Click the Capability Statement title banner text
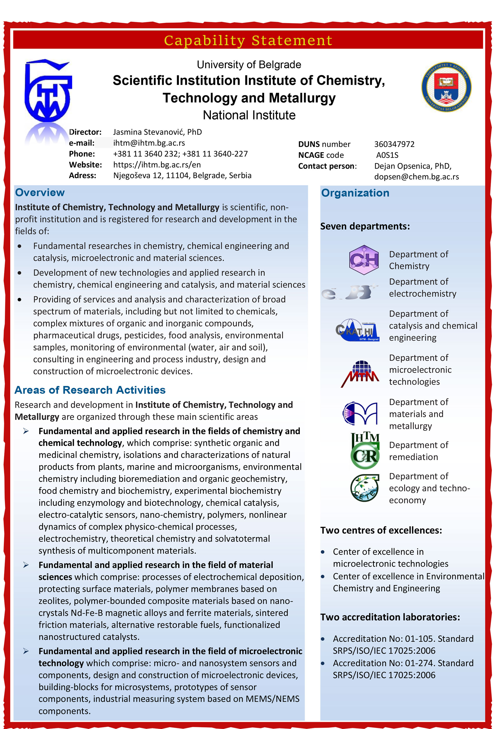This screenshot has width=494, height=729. (248, 40)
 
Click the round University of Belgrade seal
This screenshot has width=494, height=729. (446, 87)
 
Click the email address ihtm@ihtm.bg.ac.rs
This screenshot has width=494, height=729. (149, 143)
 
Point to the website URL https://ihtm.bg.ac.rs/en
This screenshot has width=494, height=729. (157, 165)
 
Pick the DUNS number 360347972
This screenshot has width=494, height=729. (394, 144)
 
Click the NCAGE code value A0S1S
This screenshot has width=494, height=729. (387, 155)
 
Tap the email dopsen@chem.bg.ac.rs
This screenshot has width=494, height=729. (416, 177)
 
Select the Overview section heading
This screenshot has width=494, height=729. (40, 193)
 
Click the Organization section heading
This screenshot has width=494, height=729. (355, 193)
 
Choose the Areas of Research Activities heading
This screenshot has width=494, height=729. (90, 390)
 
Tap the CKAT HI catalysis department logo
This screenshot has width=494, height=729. (357, 330)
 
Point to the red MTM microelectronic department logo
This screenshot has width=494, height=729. (360, 374)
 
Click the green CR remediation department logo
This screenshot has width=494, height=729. (365, 451)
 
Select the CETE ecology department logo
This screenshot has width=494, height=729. (364, 488)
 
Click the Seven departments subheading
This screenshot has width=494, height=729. (365, 226)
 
